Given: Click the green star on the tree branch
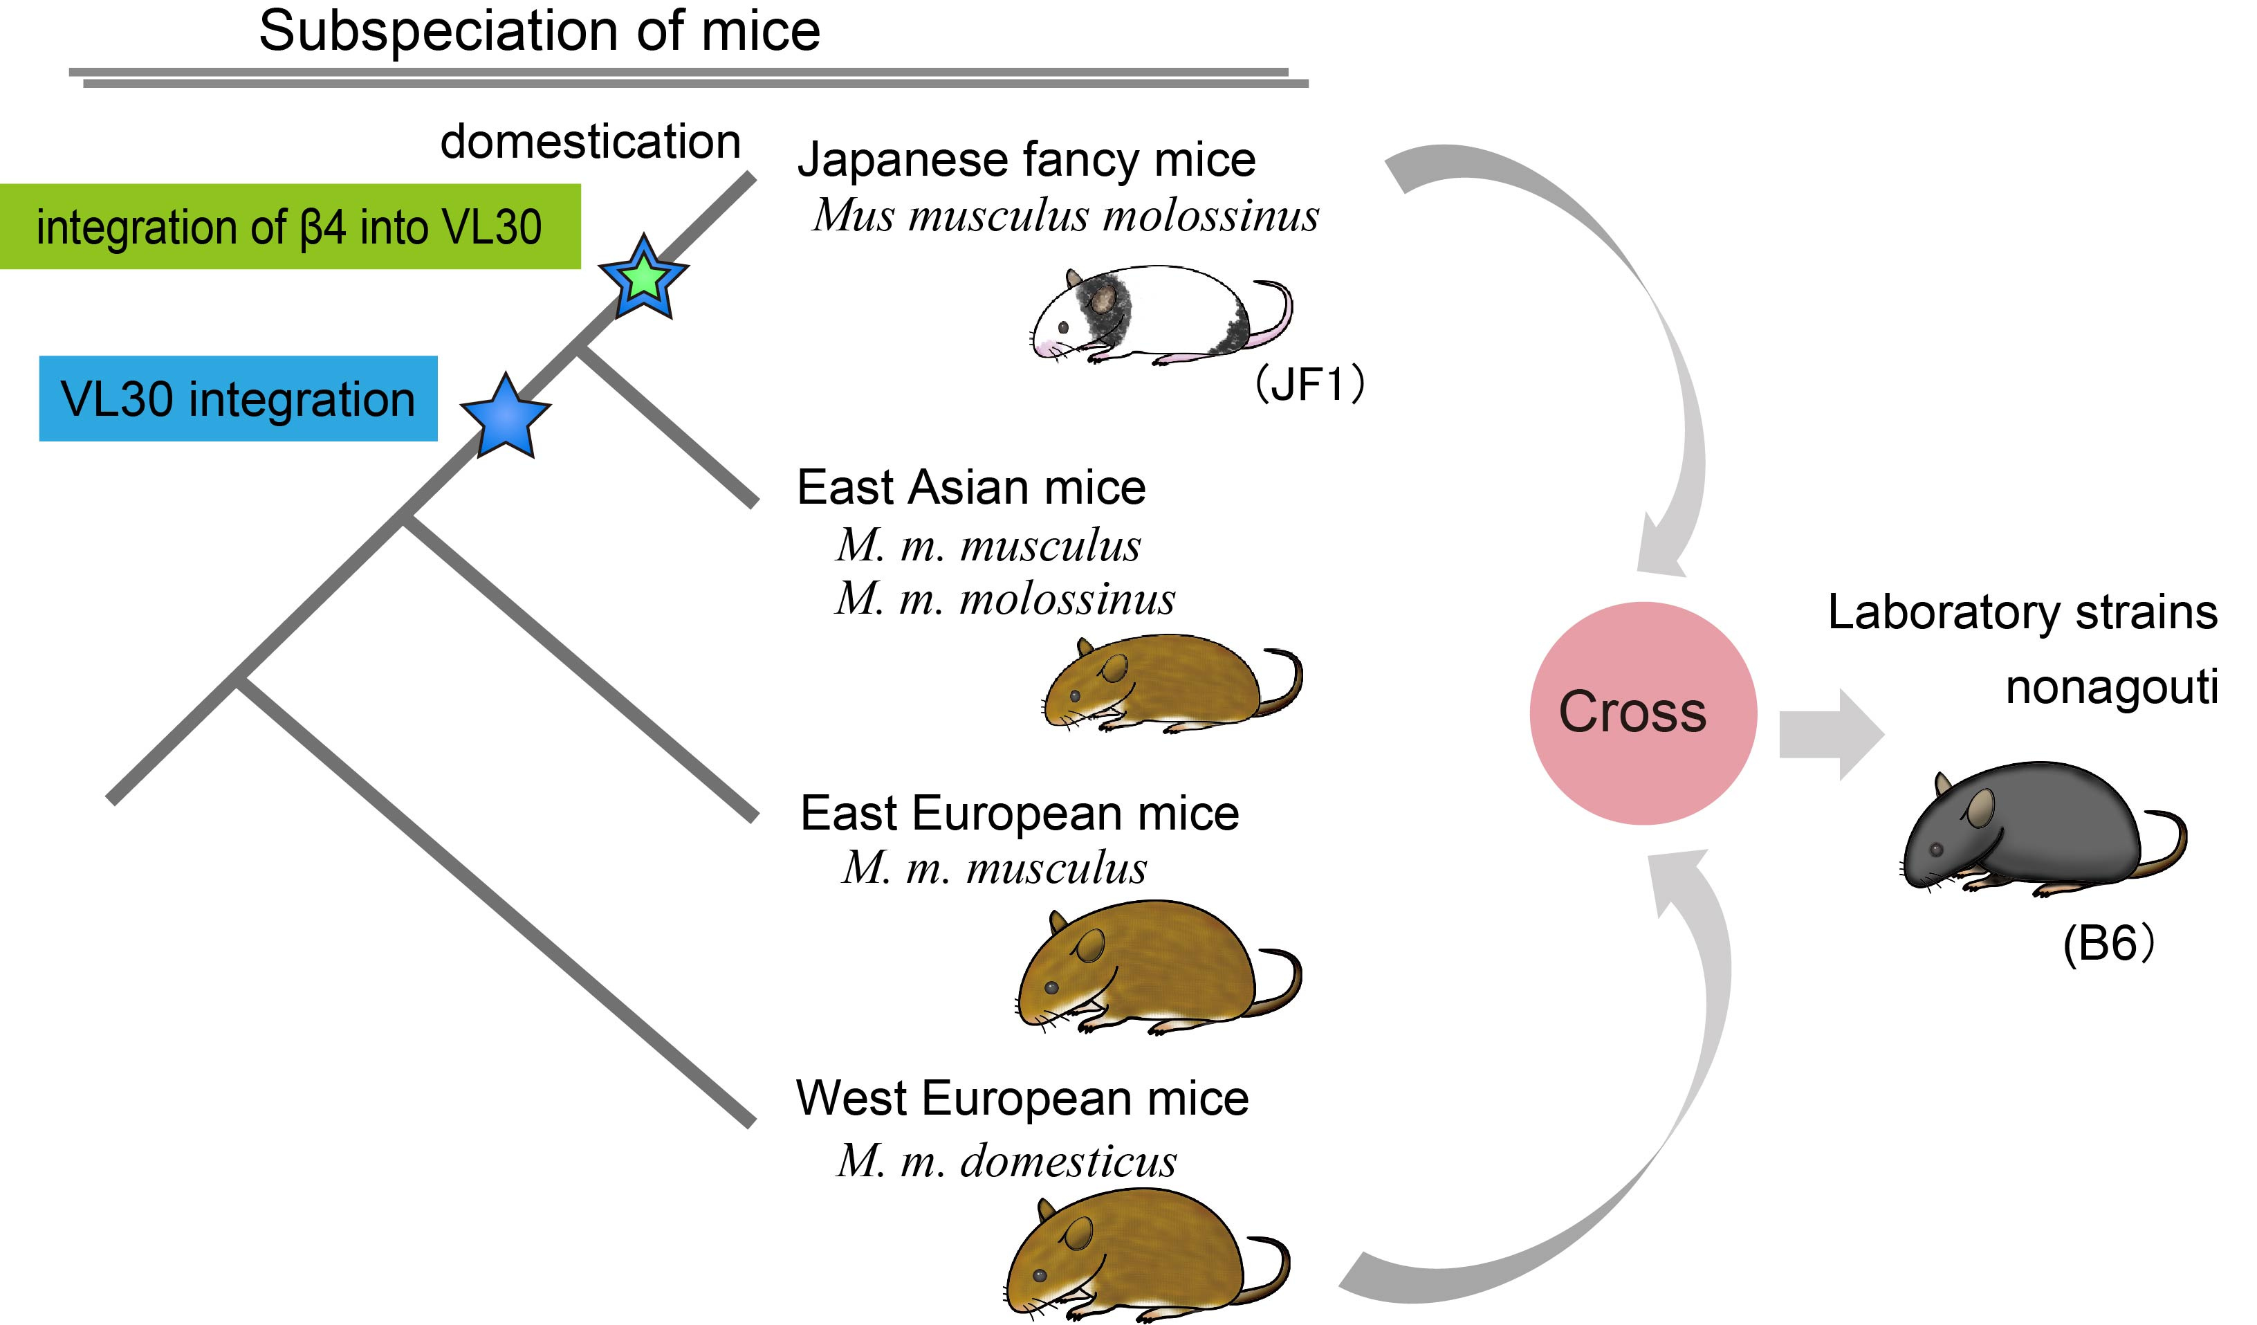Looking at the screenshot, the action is pos(643,277).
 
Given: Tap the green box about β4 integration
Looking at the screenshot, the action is pos(291,227).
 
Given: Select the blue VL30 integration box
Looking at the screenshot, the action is pos(238,399).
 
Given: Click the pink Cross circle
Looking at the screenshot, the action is pos(1643,713).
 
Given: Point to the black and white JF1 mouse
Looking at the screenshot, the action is pos(1161,316).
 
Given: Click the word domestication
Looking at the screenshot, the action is pos(591,142).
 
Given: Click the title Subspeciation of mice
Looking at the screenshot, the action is pos(539,30).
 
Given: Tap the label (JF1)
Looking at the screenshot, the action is pos(1309,383).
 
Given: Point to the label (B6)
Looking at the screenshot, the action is pos(2108,943).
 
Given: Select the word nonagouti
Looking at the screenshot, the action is pos(2112,687).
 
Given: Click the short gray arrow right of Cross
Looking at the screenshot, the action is pos(1832,735).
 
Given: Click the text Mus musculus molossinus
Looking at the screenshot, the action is pos(1066,215).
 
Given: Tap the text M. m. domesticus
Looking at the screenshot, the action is pos(1006,1161).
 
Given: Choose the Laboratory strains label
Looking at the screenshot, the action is pos(2023,613).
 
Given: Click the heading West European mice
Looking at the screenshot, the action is pos(1022,1098).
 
